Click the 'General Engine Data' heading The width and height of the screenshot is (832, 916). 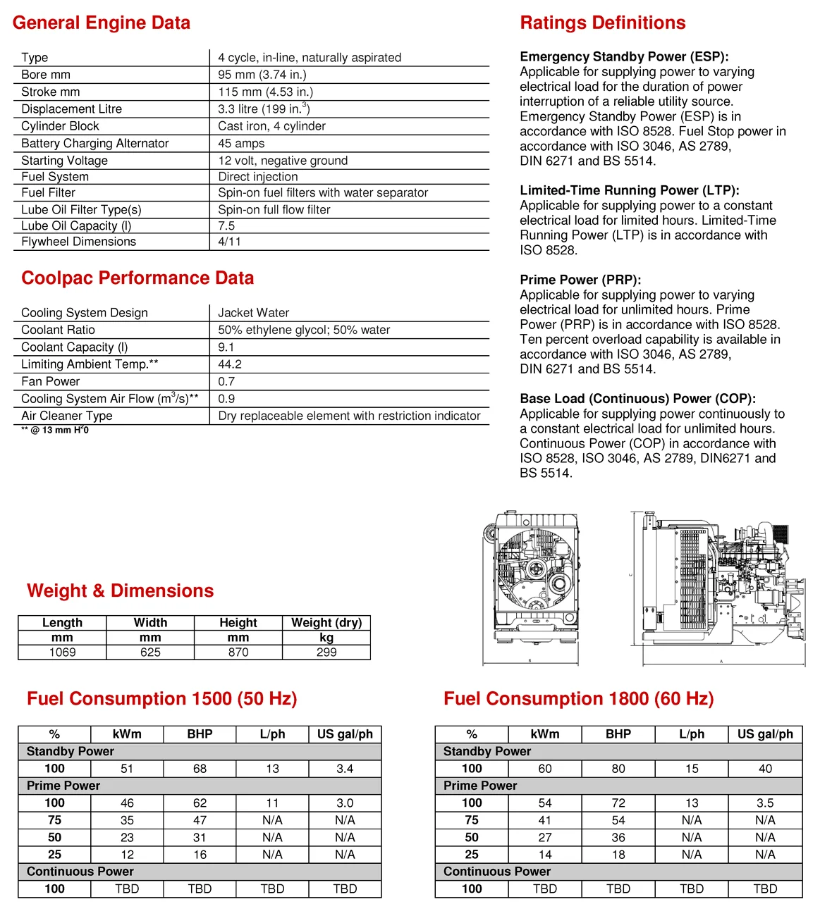(x=102, y=23)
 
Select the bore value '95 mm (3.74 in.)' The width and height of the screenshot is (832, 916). (x=262, y=75)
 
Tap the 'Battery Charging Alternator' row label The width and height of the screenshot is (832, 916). (x=95, y=144)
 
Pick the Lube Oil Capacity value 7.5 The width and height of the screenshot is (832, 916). (x=226, y=226)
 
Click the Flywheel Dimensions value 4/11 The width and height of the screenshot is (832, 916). (x=229, y=242)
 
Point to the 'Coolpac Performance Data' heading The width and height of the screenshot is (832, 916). (x=137, y=278)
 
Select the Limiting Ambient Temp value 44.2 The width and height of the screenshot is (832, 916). (x=230, y=364)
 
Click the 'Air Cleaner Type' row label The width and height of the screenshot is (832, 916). (x=67, y=416)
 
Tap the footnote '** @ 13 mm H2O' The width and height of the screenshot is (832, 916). (x=55, y=430)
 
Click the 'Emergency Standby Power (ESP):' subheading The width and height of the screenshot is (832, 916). (x=624, y=57)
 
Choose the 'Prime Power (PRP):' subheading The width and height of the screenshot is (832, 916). (x=580, y=280)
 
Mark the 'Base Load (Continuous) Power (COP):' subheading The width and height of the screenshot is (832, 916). (x=637, y=399)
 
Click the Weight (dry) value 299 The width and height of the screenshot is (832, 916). (x=326, y=652)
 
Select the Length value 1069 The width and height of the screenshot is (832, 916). (x=62, y=652)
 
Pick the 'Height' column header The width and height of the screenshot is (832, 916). (x=238, y=623)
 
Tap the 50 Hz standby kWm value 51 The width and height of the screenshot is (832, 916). (x=127, y=769)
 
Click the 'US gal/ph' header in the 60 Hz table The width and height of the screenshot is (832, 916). (x=765, y=734)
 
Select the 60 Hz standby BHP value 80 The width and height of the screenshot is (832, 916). (x=618, y=769)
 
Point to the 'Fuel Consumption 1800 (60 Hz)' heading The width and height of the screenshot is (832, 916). (x=578, y=699)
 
